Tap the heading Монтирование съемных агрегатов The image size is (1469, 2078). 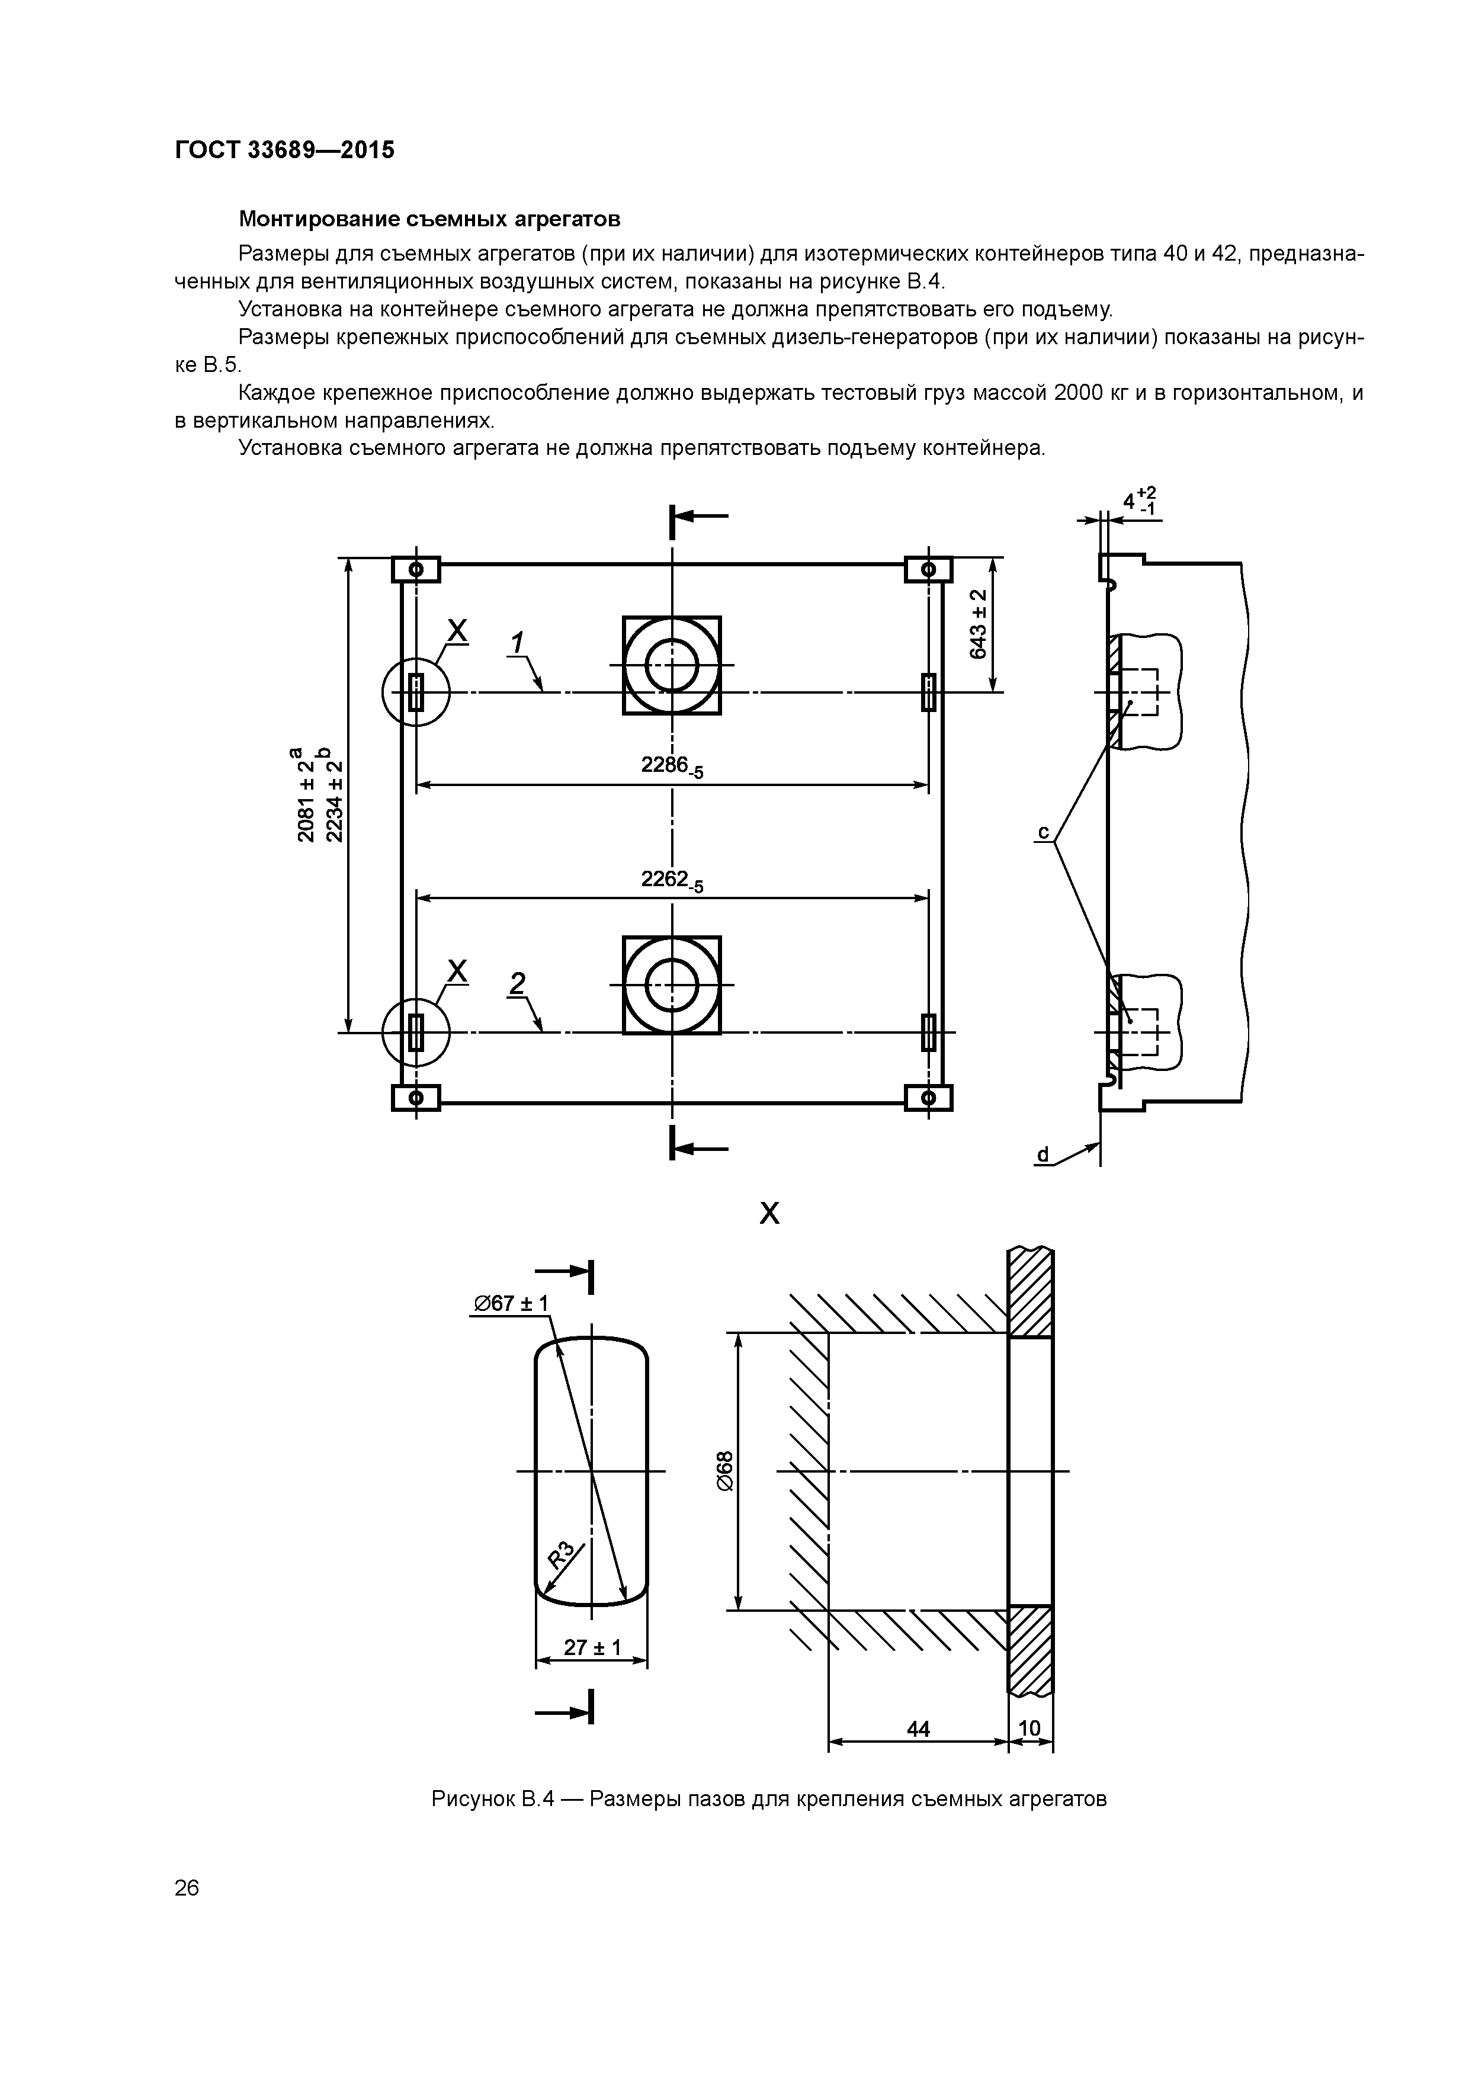click(429, 219)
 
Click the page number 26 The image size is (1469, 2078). click(187, 1888)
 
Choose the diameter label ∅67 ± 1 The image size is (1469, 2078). click(511, 1303)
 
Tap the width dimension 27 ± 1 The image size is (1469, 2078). click(592, 1647)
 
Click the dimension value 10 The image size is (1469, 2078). click(1030, 1729)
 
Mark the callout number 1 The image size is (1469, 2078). click(517, 643)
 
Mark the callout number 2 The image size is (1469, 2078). click(517, 983)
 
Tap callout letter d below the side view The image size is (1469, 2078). click(1043, 1155)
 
